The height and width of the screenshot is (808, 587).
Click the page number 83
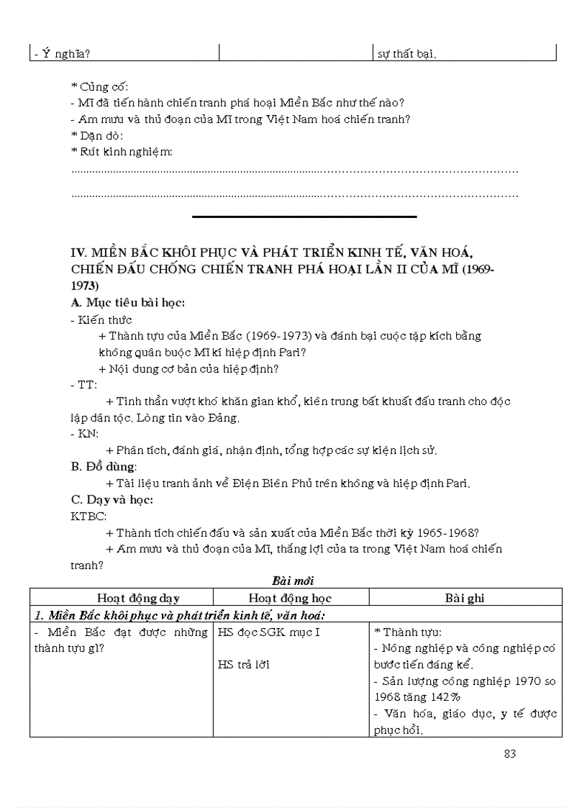[510, 754]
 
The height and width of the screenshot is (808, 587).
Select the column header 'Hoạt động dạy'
[138, 598]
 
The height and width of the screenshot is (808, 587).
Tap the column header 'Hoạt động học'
[290, 598]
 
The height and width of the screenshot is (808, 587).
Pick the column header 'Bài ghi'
[465, 598]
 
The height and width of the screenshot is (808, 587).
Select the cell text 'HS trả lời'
[244, 665]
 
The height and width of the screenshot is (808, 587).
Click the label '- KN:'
[85, 434]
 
